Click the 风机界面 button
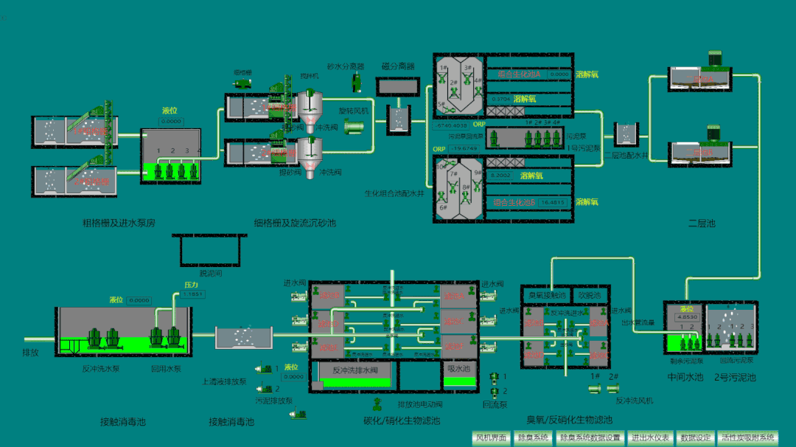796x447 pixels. [x=492, y=437]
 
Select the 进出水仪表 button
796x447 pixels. [x=649, y=437]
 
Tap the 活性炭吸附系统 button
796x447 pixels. [x=748, y=437]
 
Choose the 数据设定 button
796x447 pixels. [x=696, y=437]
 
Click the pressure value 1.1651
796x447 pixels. [x=193, y=294]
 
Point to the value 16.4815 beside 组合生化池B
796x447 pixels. [x=552, y=201]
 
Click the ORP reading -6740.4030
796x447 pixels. [x=452, y=125]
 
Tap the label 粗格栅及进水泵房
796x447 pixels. [x=119, y=223]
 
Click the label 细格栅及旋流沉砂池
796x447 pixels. [x=295, y=223]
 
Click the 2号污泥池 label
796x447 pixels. [x=735, y=378]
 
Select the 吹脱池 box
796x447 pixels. [x=590, y=295]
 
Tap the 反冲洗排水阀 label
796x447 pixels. [x=355, y=370]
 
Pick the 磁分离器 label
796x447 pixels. [x=398, y=66]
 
